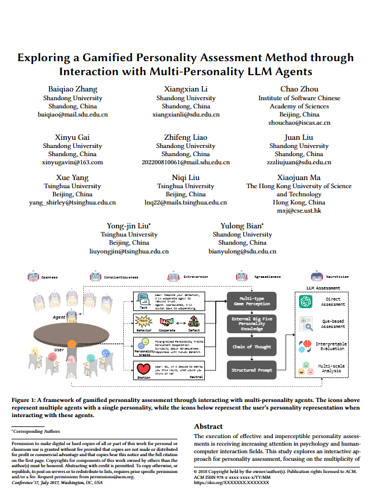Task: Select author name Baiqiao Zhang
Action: tap(72, 89)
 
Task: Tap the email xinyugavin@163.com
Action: tap(72, 163)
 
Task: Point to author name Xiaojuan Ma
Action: tap(298, 178)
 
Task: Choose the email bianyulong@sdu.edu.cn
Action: tap(242, 251)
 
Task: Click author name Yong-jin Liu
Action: tap(128, 225)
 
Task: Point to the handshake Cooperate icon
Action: tap(168, 320)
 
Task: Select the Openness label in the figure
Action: tap(49, 278)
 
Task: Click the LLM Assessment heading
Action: tap(323, 288)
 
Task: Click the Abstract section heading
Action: tap(208, 426)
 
